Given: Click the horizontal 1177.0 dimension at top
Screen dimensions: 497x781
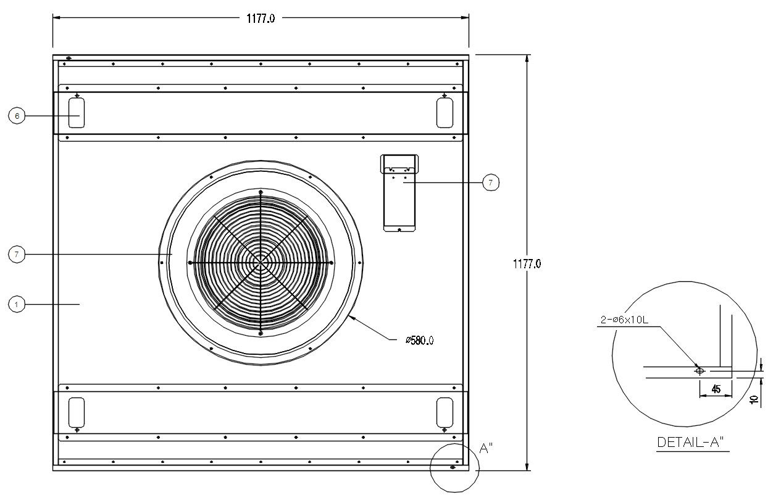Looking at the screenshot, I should pos(260,19).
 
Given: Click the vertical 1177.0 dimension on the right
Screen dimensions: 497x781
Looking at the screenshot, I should pos(527,263).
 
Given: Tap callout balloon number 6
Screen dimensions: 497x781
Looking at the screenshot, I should pos(17,116).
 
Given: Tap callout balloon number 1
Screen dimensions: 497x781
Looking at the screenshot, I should pos(17,304).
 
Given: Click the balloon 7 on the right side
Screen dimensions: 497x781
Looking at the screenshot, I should pos(490,182).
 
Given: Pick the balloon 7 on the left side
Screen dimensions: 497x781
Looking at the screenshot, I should pos(17,254).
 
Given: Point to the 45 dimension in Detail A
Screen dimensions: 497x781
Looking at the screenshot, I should pos(716,389).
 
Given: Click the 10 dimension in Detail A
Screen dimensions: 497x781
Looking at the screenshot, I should pos(754,400).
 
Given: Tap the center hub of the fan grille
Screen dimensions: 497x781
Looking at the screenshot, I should pos(261,263).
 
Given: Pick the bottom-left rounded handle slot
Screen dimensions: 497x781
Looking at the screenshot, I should pos(77,412).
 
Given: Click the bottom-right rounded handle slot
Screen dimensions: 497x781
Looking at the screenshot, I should pos(445,412).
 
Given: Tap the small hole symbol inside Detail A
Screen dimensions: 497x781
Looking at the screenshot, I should pos(700,371).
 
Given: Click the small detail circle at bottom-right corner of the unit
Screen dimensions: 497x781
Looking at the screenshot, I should pos(454,467).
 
